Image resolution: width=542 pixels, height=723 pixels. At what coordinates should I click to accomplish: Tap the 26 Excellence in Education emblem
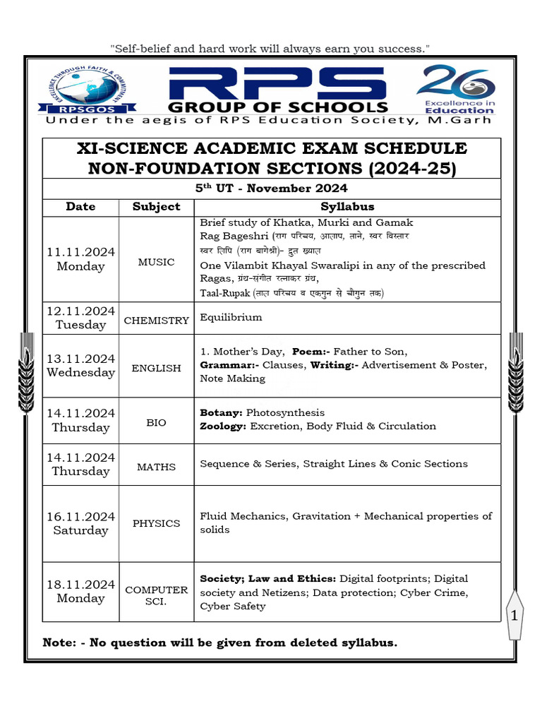pos(457,89)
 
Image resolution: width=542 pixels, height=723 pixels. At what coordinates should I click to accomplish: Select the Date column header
pos(80,207)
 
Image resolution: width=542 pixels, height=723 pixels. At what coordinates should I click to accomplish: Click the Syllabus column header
pos(347,207)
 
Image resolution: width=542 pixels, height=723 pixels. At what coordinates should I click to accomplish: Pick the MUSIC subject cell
pos(156,262)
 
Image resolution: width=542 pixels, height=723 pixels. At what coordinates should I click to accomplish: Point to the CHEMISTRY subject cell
pos(156,321)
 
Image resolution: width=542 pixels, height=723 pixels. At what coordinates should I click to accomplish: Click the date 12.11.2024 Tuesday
pos(80,318)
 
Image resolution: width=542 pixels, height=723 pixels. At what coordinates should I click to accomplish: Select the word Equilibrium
pos(231,317)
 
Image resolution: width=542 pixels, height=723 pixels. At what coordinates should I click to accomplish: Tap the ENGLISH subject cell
pos(156,368)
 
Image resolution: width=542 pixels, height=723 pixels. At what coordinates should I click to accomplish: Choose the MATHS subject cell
pos(156,467)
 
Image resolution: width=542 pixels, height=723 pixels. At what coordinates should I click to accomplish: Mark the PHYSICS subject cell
pos(156,523)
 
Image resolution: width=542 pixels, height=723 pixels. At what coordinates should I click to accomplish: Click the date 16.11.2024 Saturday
pos(80,523)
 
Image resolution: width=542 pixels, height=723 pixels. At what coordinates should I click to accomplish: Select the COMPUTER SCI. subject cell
pos(156,596)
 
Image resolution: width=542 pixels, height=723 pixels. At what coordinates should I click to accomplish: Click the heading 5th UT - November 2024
pos(272,189)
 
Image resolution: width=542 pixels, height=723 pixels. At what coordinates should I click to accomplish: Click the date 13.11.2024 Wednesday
pos(80,365)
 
